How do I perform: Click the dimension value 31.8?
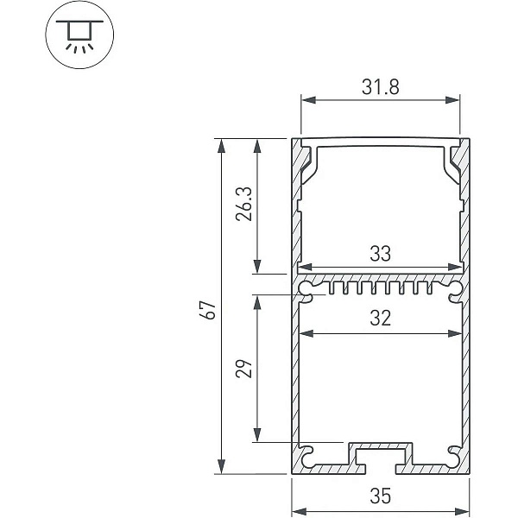pyautogui.click(x=380, y=87)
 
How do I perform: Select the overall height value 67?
pyautogui.click(x=208, y=310)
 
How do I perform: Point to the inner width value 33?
pyautogui.click(x=380, y=253)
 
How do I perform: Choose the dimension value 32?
pyautogui.click(x=380, y=318)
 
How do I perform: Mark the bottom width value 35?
pyautogui.click(x=380, y=496)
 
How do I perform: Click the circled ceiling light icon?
pyautogui.click(x=79, y=35)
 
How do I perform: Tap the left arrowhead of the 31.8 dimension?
pyautogui.click(x=308, y=100)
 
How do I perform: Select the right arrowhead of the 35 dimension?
pyautogui.click(x=462, y=511)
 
